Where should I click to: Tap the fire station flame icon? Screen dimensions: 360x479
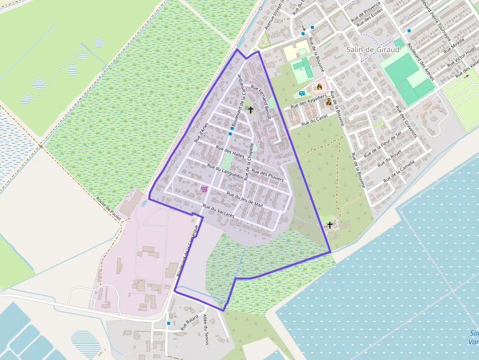[x=320, y=87]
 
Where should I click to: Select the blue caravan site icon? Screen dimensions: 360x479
[x=302, y=93]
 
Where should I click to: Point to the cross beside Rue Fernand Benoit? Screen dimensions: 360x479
[x=251, y=110]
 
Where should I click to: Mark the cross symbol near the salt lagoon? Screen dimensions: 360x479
[x=330, y=225]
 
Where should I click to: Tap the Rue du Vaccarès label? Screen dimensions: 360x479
[x=218, y=212]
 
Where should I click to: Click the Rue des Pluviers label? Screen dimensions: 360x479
[x=267, y=176]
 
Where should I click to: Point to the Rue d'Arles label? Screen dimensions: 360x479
[x=201, y=132]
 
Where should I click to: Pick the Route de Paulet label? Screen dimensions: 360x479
[x=109, y=209]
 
